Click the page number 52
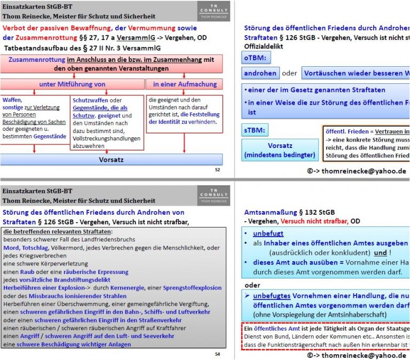217,169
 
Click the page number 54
217,354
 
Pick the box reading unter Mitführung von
72,84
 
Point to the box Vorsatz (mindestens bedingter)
280,150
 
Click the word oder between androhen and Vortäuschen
289,73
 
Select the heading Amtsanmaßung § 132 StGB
289,212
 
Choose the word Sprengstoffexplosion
192,287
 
